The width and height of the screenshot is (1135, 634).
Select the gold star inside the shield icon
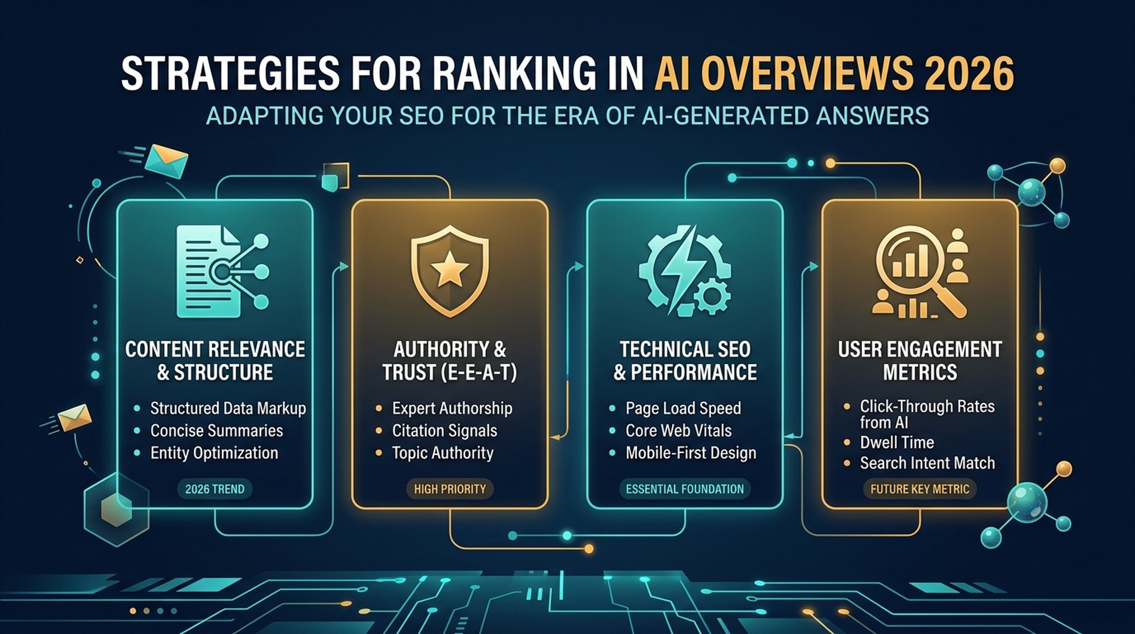pos(450,269)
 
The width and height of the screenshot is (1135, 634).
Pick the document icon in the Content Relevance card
pos(209,271)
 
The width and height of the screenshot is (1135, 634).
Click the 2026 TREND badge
pos(215,489)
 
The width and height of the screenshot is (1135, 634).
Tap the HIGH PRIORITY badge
pos(450,489)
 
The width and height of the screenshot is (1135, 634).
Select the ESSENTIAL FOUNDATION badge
pos(684,489)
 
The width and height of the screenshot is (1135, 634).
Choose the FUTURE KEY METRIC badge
pos(920,489)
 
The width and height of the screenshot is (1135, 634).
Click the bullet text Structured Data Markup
pos(228,409)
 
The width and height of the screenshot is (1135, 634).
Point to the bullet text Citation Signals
pos(444,431)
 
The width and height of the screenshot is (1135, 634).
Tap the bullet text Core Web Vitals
pos(678,431)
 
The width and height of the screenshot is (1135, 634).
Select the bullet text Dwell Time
pos(897,443)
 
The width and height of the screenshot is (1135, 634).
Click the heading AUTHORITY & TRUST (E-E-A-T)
pos(450,361)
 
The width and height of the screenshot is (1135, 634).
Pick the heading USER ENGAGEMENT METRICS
pos(920,361)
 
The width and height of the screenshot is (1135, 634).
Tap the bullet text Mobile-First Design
pos(691,453)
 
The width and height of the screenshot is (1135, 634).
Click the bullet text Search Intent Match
pos(927,463)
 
